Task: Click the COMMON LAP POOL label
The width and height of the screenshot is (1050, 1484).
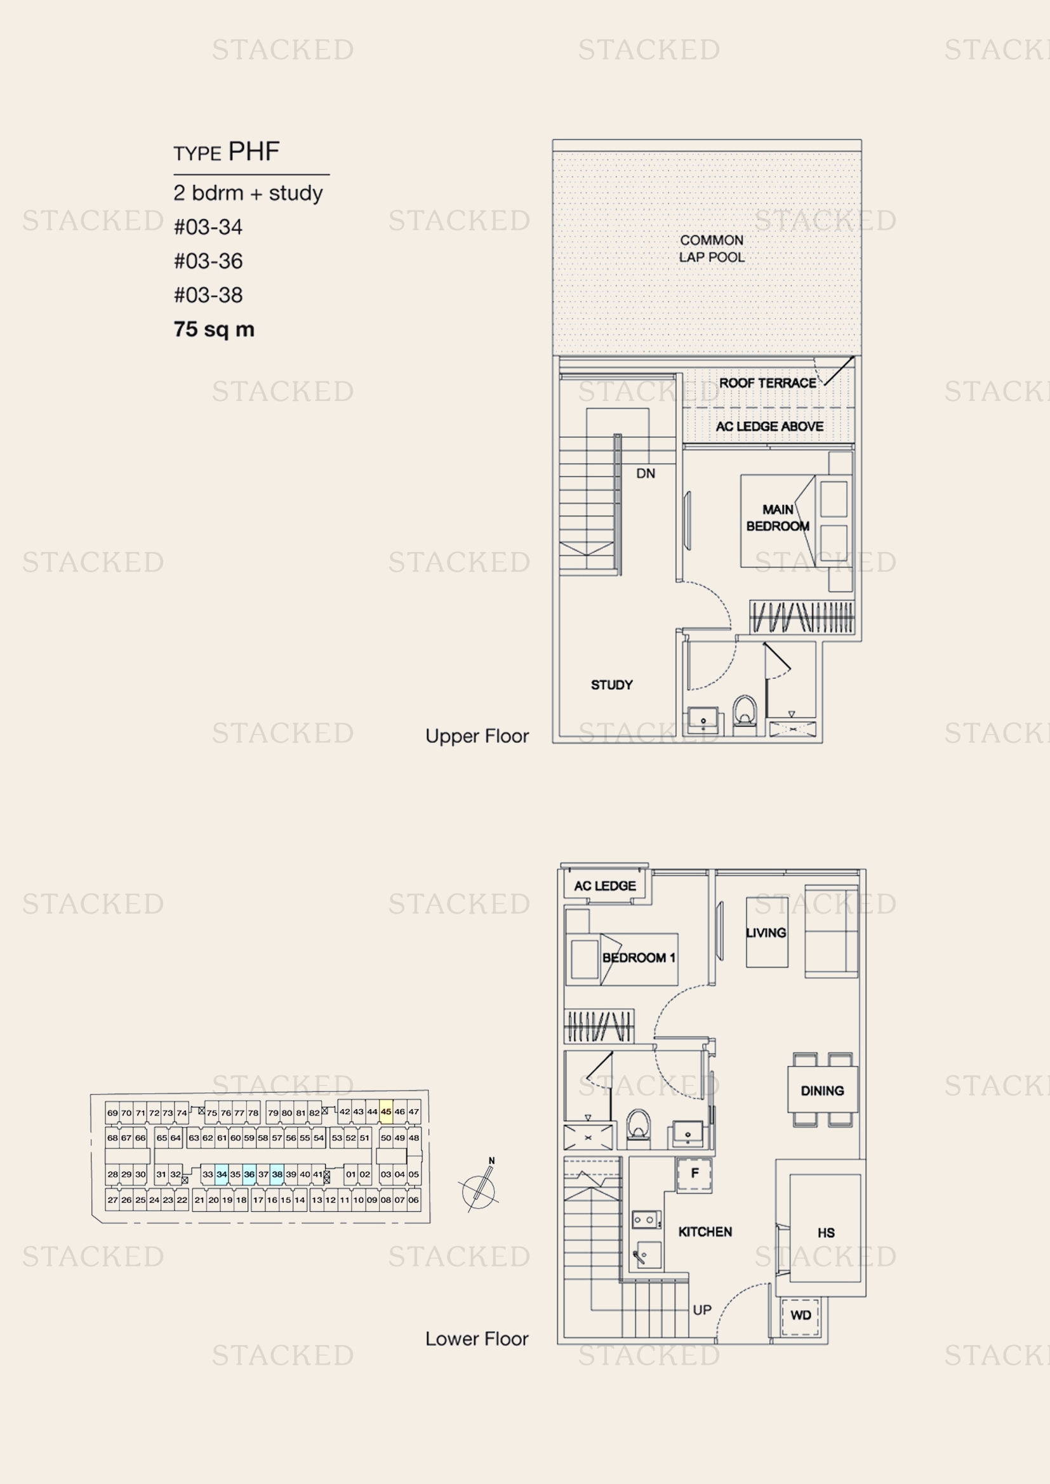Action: coord(711,248)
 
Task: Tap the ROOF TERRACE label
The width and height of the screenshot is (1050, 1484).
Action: coord(768,383)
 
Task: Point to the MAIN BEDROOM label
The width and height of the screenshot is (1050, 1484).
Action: coord(777,518)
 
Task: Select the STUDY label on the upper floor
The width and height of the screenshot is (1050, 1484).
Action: coord(611,685)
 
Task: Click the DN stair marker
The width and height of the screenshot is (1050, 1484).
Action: coord(645,473)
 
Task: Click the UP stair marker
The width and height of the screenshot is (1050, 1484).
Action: coord(701,1310)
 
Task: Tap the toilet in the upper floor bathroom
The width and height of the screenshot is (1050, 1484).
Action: coord(745,715)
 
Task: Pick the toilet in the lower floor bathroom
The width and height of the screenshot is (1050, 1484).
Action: coord(638,1128)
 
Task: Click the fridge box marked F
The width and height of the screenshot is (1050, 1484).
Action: coord(694,1173)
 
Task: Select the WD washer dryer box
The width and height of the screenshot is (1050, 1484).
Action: coord(801,1315)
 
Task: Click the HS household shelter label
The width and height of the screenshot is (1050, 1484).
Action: coord(826,1233)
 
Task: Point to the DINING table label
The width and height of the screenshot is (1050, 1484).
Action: coord(821,1091)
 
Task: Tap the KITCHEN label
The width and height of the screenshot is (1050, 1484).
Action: coord(705,1231)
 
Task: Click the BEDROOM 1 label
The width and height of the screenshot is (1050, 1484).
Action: coord(638,957)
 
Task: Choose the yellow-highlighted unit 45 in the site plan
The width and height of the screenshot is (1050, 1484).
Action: coord(386,1112)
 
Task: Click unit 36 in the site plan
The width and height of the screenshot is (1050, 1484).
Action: coord(249,1174)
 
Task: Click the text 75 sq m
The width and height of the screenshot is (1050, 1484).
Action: coord(214,329)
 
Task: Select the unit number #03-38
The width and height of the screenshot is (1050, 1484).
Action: coord(208,295)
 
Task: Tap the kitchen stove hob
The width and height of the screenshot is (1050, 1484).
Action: coord(646,1219)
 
